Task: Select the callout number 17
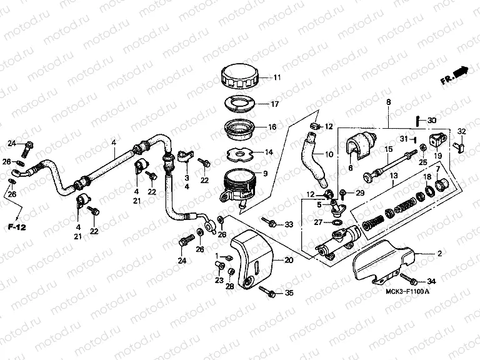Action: [274, 104]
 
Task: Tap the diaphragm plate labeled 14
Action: [239, 152]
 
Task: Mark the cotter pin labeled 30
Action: [417, 120]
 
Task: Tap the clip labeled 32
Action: [461, 146]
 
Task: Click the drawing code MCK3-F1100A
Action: [404, 292]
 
